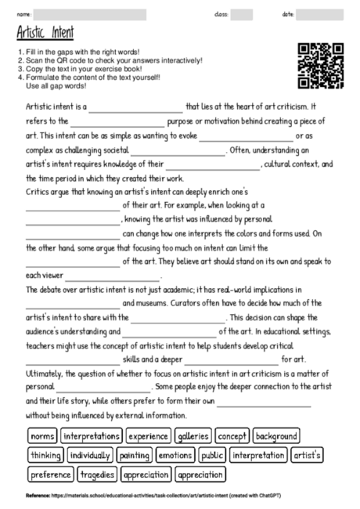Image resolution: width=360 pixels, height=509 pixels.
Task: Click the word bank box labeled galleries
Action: click(193, 435)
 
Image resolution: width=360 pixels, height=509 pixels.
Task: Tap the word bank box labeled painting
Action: click(138, 455)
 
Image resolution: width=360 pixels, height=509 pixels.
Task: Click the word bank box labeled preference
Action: click(50, 474)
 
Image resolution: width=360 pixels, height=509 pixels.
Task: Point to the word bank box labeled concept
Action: click(232, 435)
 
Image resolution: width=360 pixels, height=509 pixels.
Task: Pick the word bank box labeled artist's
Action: click(308, 455)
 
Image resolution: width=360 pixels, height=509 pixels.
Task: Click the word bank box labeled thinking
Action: click(45, 455)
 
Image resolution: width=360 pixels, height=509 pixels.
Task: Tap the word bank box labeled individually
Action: click(90, 455)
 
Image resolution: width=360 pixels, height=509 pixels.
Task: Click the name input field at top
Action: click(89, 14)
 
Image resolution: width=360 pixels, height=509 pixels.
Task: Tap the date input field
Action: click(326, 14)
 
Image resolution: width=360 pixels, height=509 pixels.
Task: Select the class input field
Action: click(241, 14)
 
